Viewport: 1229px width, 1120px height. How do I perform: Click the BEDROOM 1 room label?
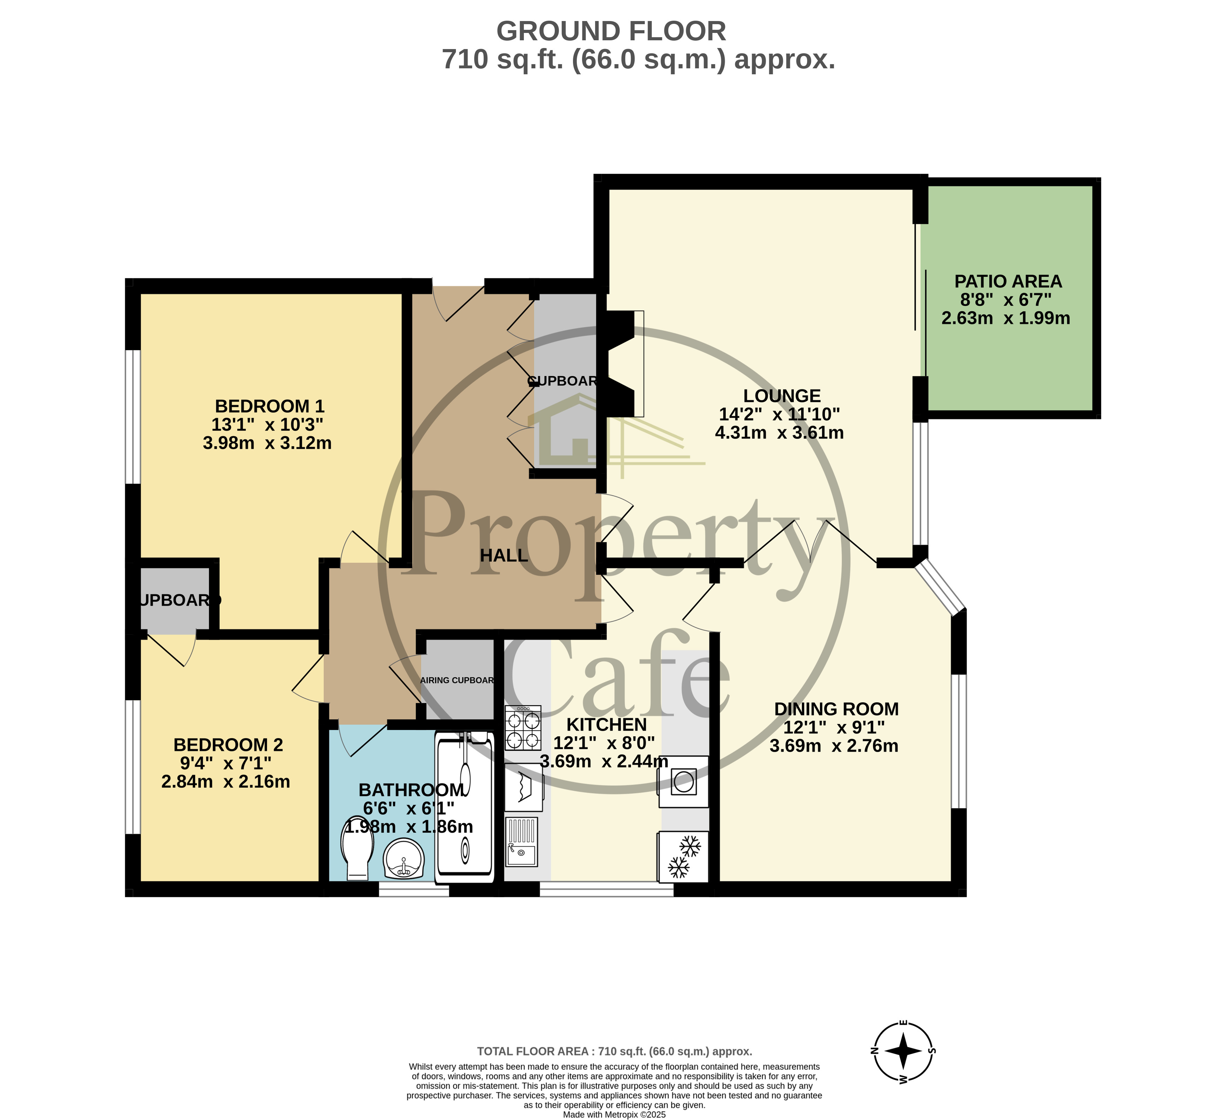click(269, 406)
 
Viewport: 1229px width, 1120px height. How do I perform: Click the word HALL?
click(504, 555)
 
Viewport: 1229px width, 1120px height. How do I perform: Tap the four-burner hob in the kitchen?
click(523, 728)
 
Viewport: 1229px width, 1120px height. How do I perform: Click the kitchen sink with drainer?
click(522, 842)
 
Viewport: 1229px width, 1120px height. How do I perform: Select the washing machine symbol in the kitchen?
click(683, 781)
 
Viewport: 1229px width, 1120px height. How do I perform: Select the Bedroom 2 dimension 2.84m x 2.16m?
click(226, 781)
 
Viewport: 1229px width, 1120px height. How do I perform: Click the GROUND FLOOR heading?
click(611, 31)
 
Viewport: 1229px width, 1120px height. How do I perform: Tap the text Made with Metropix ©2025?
click(614, 1114)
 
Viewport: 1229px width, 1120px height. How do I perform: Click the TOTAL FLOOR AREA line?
click(614, 1051)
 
